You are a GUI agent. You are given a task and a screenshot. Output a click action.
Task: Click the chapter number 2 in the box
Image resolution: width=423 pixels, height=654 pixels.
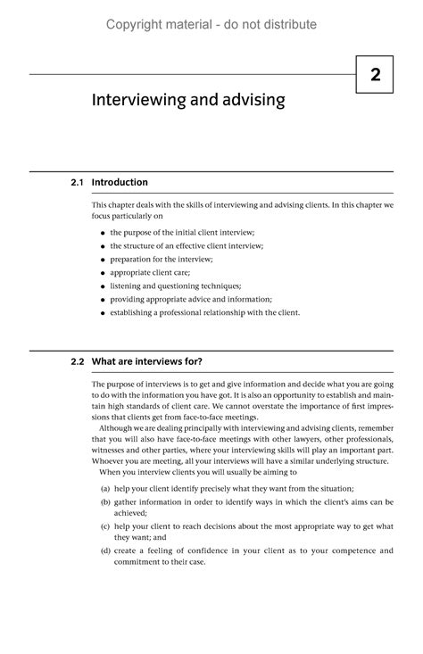click(377, 76)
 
